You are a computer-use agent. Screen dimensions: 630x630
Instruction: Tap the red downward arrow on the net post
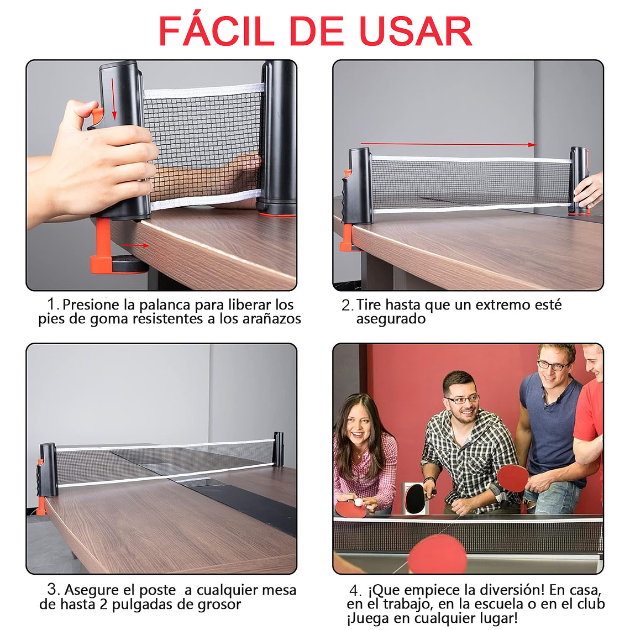114,99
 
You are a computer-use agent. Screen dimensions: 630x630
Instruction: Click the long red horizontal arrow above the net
448,145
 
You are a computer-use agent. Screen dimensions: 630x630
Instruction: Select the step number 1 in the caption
53,304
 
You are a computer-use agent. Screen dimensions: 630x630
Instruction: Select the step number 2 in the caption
346,305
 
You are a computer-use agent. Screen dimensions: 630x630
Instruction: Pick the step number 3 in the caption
53,590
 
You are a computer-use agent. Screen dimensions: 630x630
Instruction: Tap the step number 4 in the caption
355,591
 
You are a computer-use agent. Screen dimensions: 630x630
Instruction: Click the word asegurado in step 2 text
391,319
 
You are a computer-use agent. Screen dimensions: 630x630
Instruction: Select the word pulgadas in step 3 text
135,605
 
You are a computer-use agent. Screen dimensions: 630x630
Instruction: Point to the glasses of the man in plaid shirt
461,399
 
